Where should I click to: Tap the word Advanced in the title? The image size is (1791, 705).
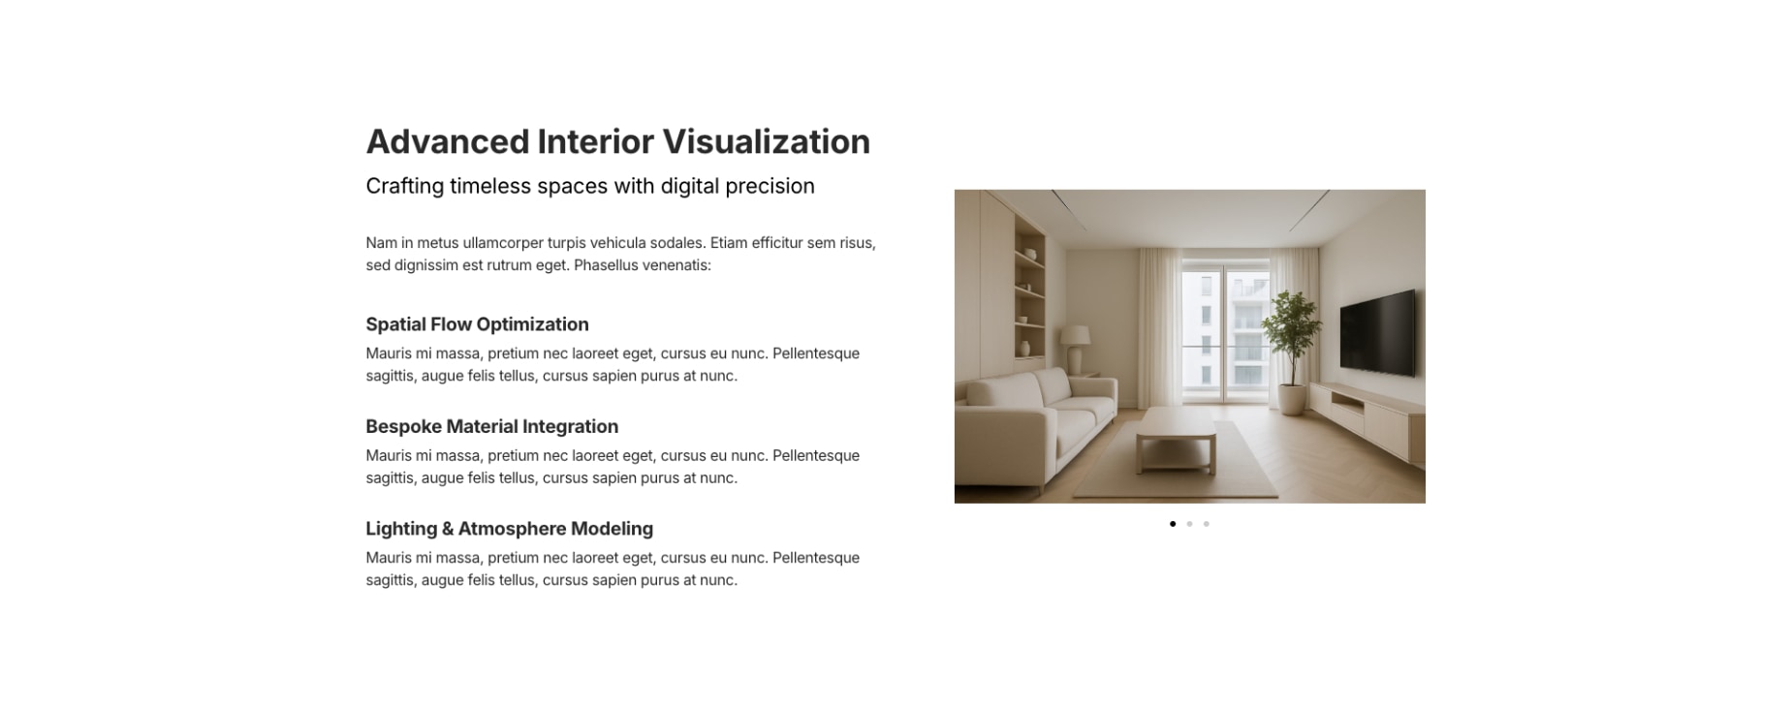(x=448, y=141)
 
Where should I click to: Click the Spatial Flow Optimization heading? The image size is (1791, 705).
(x=477, y=324)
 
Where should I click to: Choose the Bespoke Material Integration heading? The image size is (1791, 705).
(x=491, y=426)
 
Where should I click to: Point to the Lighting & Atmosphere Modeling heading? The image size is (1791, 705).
(x=509, y=529)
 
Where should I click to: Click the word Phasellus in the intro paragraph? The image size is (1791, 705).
(x=607, y=265)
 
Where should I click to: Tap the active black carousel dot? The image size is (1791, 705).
(x=1173, y=524)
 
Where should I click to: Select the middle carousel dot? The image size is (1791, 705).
(x=1189, y=524)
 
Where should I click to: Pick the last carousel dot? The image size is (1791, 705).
(x=1207, y=524)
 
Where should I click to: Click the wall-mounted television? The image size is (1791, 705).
(x=1377, y=332)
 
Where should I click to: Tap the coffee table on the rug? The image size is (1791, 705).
(x=1176, y=437)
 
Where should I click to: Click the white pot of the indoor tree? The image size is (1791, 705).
(x=1292, y=399)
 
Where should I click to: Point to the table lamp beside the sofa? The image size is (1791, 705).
(x=1075, y=349)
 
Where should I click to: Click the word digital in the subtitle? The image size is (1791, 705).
(x=691, y=186)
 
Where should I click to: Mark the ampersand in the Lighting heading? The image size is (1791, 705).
(x=448, y=529)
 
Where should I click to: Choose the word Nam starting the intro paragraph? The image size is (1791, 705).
(x=381, y=243)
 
